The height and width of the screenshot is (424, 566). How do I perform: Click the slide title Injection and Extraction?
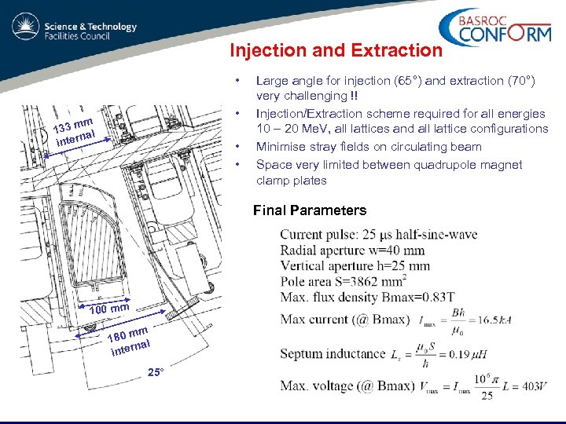coord(336,51)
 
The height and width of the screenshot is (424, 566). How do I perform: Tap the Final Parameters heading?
coord(309,210)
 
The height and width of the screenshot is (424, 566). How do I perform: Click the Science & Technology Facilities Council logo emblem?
coord(25,30)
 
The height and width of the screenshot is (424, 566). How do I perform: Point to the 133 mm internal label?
coord(75,131)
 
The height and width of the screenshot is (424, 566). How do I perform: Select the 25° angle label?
coord(156,371)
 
